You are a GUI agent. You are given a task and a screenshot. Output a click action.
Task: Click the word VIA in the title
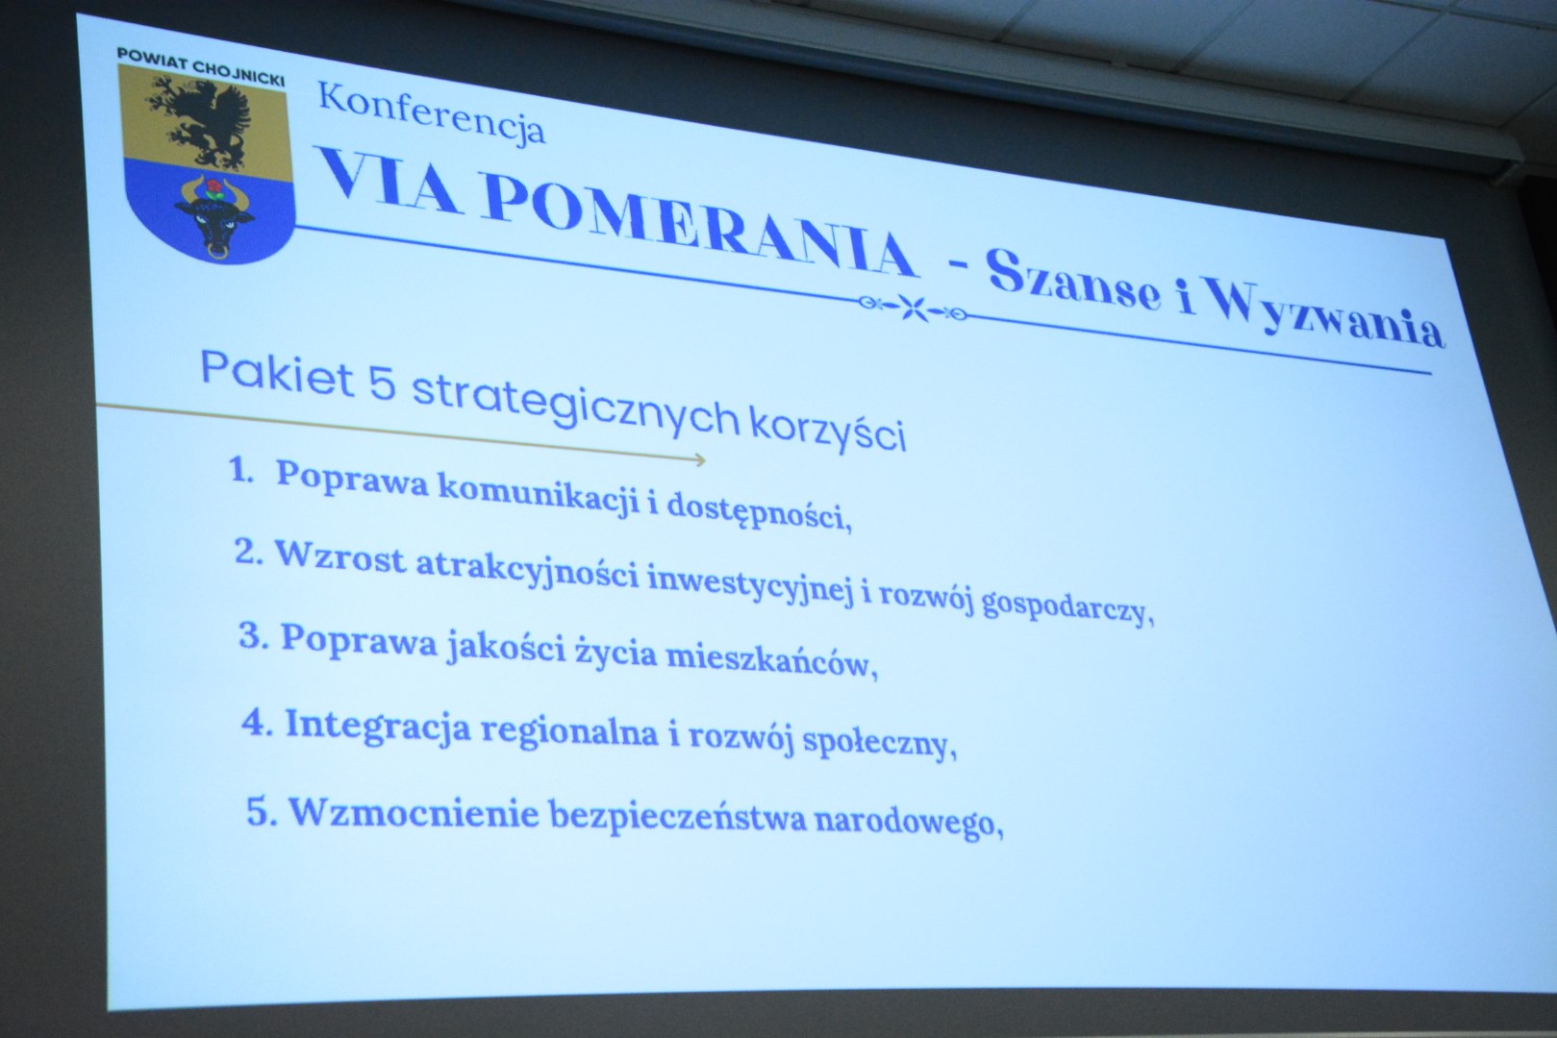click(389, 180)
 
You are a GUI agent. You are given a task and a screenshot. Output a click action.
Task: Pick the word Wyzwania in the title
click(1327, 316)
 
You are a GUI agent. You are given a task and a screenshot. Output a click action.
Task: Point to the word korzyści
click(828, 430)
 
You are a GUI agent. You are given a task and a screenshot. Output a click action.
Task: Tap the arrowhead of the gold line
click(701, 459)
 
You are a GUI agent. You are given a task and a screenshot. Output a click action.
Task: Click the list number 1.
click(240, 472)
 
